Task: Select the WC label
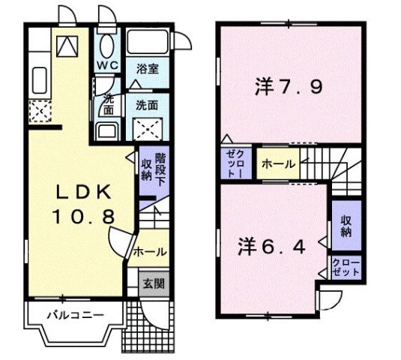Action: coord(106,64)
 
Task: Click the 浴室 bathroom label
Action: coord(147,68)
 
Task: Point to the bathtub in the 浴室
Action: coord(147,43)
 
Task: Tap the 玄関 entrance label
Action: coord(154,283)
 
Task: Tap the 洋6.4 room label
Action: coord(273,245)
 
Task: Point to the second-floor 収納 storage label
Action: coord(346,226)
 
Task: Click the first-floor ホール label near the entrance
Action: coord(150,252)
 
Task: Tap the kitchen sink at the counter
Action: coord(38,77)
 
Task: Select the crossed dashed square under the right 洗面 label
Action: coord(147,128)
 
